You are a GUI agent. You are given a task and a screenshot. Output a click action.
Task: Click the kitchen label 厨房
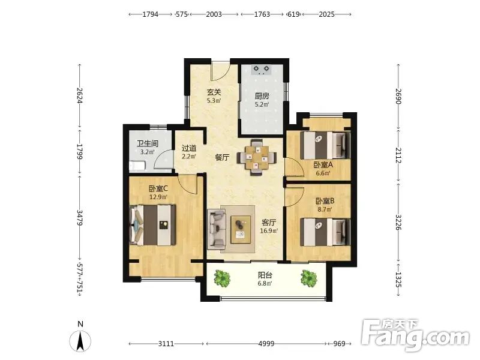[x=262, y=96]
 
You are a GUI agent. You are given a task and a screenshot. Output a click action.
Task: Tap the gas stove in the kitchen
[x=262, y=70]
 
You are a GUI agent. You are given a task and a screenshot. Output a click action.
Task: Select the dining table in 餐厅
[x=257, y=157]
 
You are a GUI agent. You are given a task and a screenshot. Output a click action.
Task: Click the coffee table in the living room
[x=241, y=229]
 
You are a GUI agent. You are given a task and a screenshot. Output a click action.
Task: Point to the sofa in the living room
[x=216, y=229]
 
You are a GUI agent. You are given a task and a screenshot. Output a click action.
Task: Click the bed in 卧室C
[x=153, y=224]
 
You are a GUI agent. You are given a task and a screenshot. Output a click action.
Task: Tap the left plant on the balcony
[x=222, y=278]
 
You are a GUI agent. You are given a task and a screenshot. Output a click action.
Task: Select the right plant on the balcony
[x=308, y=278]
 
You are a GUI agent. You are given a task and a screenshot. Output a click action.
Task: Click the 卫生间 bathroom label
[x=148, y=143]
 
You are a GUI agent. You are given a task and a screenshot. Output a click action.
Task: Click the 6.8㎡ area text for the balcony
[x=265, y=283]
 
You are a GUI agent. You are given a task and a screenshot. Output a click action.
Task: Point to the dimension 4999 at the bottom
[x=266, y=344]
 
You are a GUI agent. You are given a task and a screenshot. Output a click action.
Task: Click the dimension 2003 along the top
[x=214, y=14]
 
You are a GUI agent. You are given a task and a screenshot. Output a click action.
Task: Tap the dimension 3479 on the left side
[x=80, y=217]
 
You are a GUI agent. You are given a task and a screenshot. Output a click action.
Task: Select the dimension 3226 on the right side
[x=398, y=222]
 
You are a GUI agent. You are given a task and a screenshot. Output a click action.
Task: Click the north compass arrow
[x=80, y=341]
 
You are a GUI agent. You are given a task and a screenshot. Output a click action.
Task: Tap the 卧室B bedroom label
[x=325, y=201]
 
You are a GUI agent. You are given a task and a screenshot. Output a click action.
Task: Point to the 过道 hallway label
[x=189, y=148]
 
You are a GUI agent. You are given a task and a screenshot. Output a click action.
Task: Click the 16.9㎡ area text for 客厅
[x=269, y=231]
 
